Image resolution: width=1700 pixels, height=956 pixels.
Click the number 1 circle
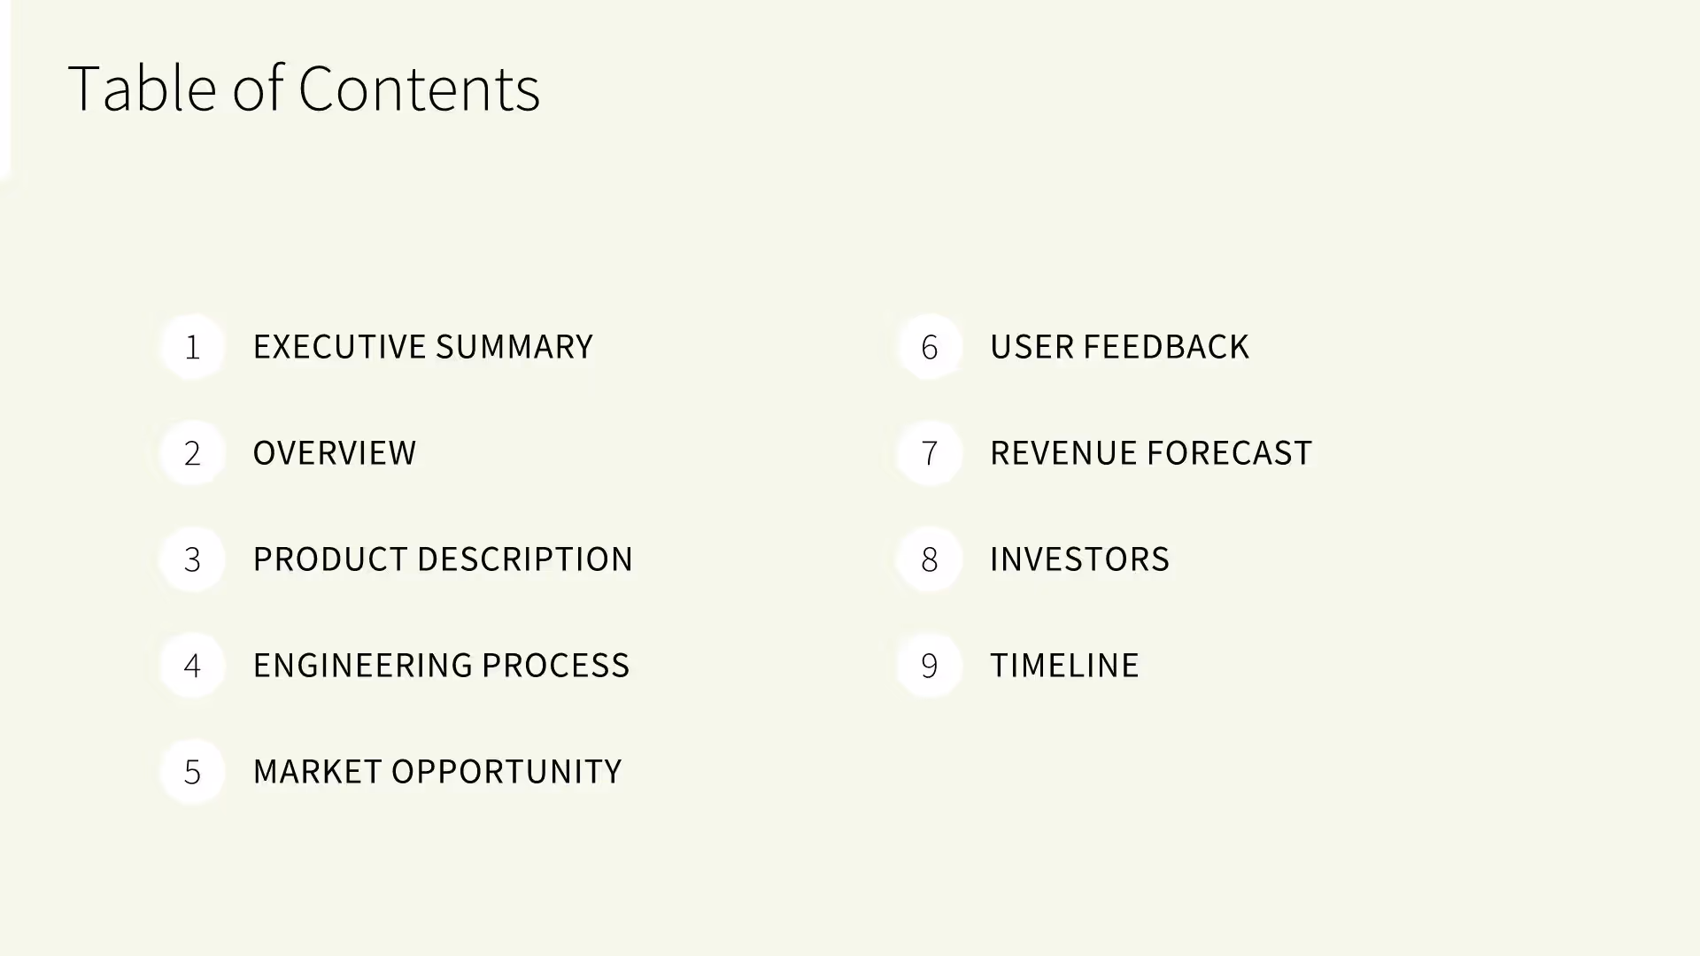click(192, 347)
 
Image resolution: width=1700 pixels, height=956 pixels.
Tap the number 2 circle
click(192, 453)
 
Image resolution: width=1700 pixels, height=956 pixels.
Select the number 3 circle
click(192, 559)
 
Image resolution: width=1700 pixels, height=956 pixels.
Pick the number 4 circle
click(192, 666)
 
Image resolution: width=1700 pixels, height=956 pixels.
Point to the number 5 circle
click(192, 772)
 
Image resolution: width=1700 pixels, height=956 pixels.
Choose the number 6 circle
click(929, 347)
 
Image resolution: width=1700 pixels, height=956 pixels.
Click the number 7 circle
click(929, 453)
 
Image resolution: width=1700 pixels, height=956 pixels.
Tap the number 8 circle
click(929, 559)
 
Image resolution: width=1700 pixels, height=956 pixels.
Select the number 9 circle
click(929, 666)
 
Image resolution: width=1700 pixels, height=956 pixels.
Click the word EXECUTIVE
click(339, 347)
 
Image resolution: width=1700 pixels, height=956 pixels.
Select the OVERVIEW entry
click(335, 453)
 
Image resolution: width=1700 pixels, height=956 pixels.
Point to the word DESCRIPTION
click(524, 559)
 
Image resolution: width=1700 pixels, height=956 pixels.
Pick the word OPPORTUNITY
click(506, 772)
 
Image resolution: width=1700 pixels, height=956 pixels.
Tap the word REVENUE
click(1063, 453)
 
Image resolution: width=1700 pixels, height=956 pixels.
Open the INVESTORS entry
click(1079, 559)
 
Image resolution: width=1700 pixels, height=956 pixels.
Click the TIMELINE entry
click(1064, 666)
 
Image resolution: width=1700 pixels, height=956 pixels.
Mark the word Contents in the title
click(419, 89)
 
